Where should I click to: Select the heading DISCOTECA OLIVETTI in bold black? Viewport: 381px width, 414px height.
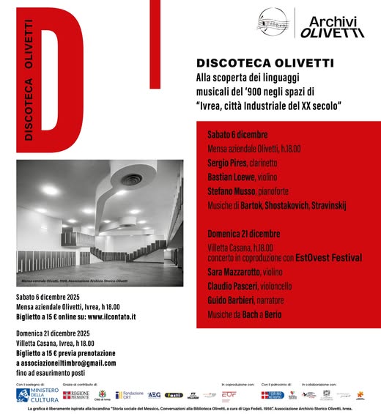point(254,64)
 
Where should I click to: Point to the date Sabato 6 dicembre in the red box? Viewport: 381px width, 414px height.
point(237,135)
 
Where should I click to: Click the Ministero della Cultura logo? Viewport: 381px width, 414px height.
point(37,394)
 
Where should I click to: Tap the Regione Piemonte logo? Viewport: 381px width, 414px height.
point(76,395)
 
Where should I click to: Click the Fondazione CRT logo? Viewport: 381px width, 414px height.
point(130,394)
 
